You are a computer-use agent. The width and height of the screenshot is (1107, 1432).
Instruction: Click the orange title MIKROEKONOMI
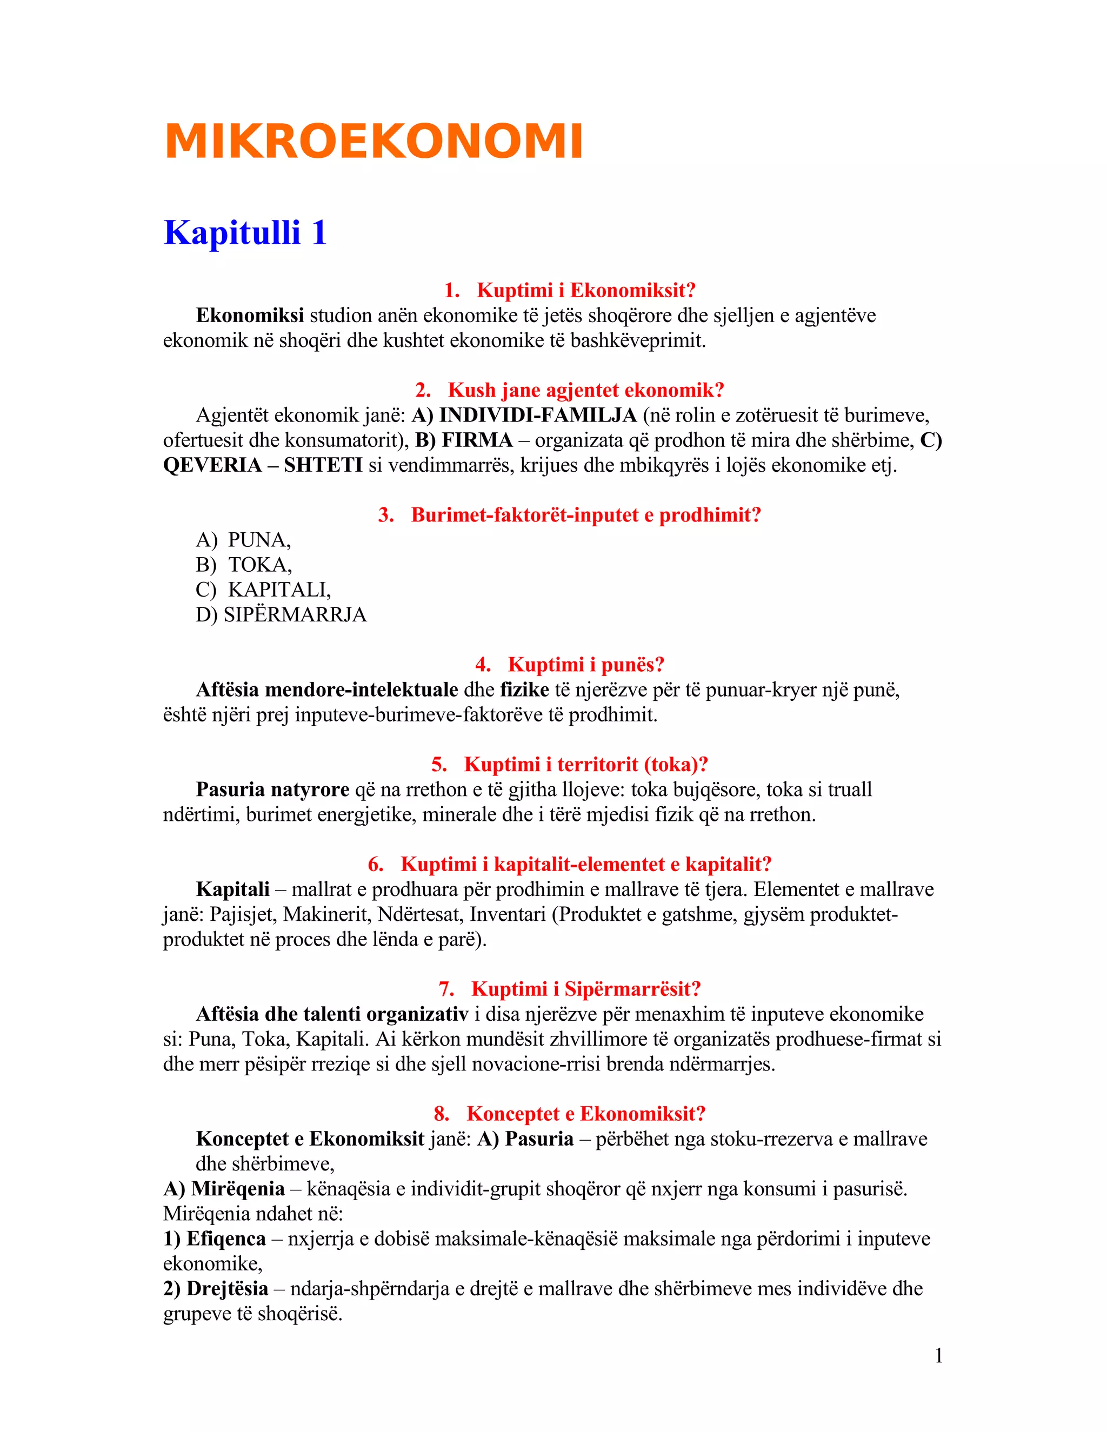[x=373, y=141]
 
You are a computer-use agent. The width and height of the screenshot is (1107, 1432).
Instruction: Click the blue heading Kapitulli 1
[x=245, y=233]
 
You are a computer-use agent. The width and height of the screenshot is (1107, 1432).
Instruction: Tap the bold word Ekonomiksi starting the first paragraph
[x=249, y=316]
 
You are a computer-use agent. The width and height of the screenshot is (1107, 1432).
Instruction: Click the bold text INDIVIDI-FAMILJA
[x=538, y=415]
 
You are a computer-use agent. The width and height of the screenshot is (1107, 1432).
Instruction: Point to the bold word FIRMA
[x=477, y=440]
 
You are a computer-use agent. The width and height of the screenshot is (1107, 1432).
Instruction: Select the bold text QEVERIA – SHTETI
[x=262, y=465]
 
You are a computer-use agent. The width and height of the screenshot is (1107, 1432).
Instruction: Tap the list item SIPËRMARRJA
[x=295, y=614]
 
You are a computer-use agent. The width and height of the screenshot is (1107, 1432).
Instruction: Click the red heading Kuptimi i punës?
[x=585, y=664]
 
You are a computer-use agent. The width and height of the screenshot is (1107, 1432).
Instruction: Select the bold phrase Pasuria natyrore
[x=272, y=789]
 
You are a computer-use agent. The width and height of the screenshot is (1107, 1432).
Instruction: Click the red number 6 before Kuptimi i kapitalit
[x=375, y=864]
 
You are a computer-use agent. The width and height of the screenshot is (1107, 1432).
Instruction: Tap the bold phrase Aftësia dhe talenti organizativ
[x=332, y=1014]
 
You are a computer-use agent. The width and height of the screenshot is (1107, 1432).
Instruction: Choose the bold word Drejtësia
[x=227, y=1288]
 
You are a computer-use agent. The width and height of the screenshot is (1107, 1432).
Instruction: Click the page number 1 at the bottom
[x=938, y=1355]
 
